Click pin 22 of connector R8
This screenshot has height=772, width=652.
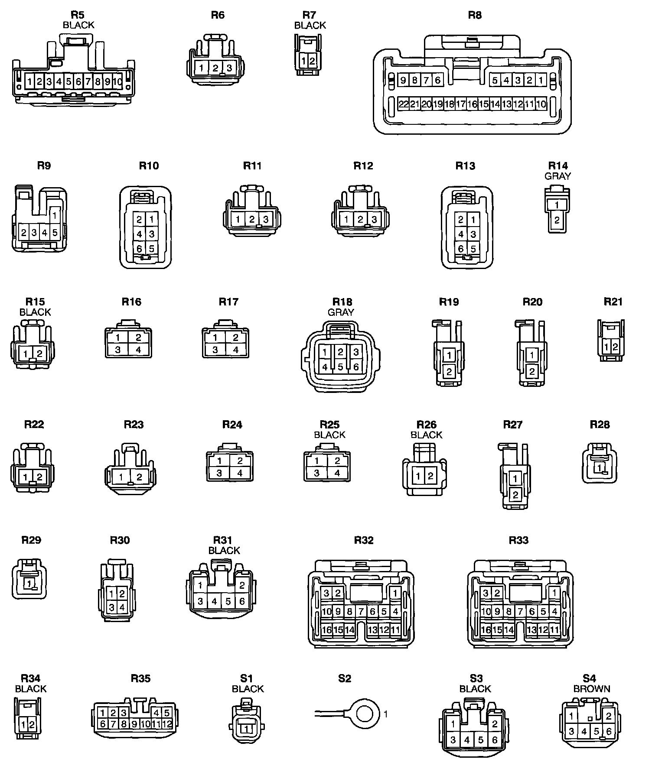pyautogui.click(x=403, y=104)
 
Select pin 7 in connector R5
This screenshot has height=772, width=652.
pyautogui.click(x=88, y=81)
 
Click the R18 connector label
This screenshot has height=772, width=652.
pyautogui.click(x=342, y=302)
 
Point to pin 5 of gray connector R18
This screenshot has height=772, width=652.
pyautogui.click(x=340, y=367)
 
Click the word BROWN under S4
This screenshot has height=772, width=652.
pyautogui.click(x=592, y=688)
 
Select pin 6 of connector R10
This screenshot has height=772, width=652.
pyautogui.click(x=139, y=249)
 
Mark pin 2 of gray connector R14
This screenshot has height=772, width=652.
pyautogui.click(x=557, y=220)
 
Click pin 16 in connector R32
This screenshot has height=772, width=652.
pyautogui.click(x=326, y=630)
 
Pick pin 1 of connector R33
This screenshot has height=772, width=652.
pyautogui.click(x=554, y=593)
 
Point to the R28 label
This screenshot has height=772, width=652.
pyautogui.click(x=600, y=425)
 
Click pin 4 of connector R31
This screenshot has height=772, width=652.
pyautogui.click(x=214, y=601)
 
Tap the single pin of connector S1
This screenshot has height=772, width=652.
pyautogui.click(x=247, y=729)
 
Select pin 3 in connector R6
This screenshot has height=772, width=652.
pyautogui.click(x=229, y=68)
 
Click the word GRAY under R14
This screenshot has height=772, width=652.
pyautogui.click(x=557, y=176)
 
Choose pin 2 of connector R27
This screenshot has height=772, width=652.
pyautogui.click(x=515, y=494)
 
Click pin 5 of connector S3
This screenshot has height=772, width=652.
pyautogui.click(x=480, y=740)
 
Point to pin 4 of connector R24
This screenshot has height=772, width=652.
pyautogui.click(x=240, y=473)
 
